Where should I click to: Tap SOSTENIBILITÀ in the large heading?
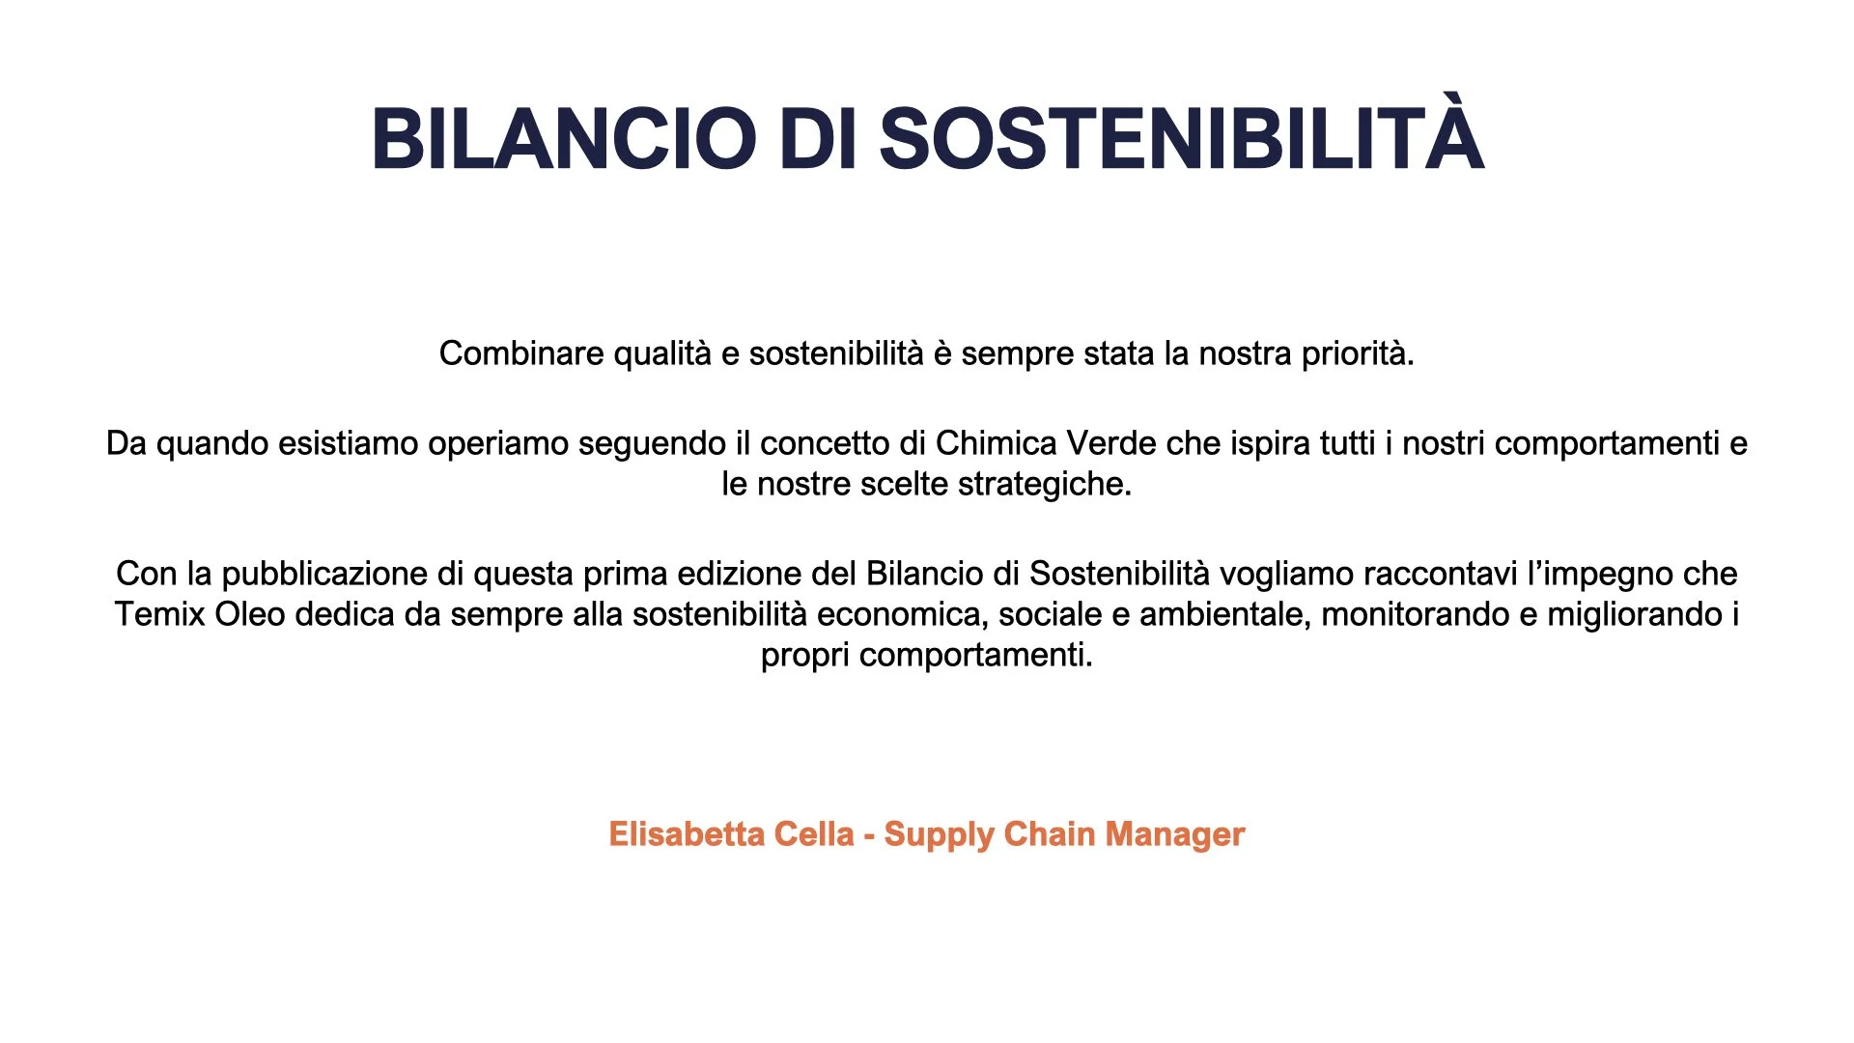(x=1181, y=139)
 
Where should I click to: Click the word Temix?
(x=159, y=614)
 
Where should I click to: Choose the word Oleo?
(x=249, y=614)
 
